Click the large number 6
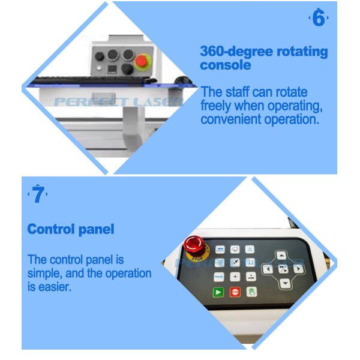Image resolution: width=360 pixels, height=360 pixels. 319,17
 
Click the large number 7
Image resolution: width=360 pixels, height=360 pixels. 38,194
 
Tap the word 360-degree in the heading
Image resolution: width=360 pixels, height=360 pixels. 237,51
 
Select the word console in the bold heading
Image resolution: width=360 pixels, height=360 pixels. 226,65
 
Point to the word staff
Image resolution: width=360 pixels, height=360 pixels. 237,92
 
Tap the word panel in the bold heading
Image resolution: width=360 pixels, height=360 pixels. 96,229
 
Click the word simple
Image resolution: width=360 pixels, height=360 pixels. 44,274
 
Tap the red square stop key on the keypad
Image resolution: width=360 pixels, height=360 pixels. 235,292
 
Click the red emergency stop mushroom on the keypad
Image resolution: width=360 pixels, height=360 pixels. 193,245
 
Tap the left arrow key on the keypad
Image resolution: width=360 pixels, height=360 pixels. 268,269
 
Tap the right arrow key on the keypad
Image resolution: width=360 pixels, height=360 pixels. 298,269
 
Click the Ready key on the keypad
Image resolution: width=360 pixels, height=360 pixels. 219,277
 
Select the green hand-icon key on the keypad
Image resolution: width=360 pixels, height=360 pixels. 251,292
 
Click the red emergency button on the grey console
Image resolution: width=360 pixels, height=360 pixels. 141,61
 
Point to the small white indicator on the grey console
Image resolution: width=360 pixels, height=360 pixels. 99,68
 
